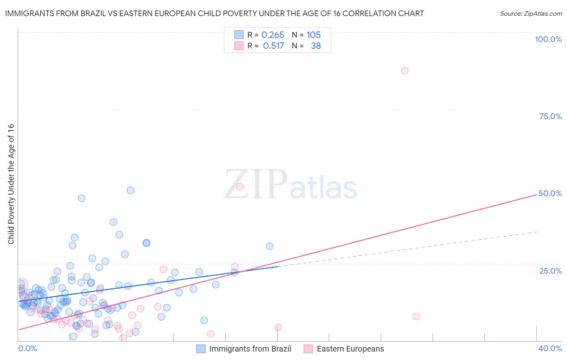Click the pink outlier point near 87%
coord(404,71)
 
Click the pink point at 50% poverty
coord(240,186)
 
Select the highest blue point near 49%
coord(130,190)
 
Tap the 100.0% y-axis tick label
coord(548,39)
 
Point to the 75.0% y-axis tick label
coord(550,116)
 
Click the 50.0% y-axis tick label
coord(550,193)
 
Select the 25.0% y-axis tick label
coord(550,270)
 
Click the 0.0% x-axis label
coord(27,348)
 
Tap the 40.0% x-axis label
coord(550,348)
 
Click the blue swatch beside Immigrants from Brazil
coord(201,349)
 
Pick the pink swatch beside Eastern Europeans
coord(308,349)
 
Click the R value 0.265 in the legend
coord(273,35)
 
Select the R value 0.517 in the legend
coord(273,46)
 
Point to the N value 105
coord(313,35)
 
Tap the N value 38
coord(316,46)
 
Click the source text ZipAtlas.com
coord(531,13)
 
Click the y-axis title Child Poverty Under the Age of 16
coord(11,184)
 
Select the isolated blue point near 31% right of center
coord(269,246)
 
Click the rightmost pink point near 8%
coord(416,316)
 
